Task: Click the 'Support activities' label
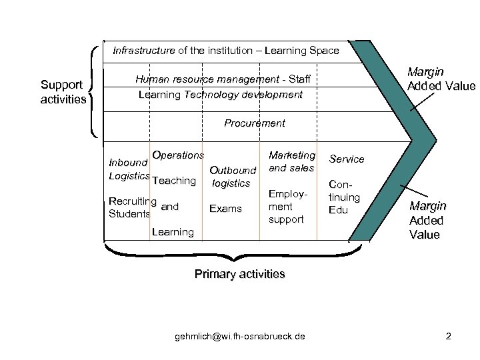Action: (63, 92)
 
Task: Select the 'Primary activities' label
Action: (239, 274)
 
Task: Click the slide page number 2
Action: (449, 336)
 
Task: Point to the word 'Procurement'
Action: (254, 123)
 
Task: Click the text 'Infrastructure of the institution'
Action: (225, 51)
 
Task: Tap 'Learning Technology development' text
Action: (220, 95)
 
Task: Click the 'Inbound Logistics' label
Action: (128, 169)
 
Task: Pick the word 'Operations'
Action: (177, 155)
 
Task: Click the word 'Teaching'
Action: (173, 181)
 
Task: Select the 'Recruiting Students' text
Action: (131, 207)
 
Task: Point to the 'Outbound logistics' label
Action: (232, 177)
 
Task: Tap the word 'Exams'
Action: (225, 209)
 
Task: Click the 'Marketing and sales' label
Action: (291, 161)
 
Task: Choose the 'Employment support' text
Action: (286, 205)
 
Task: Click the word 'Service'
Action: (347, 159)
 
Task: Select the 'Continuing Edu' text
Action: (344, 197)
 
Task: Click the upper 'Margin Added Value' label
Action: (441, 79)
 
